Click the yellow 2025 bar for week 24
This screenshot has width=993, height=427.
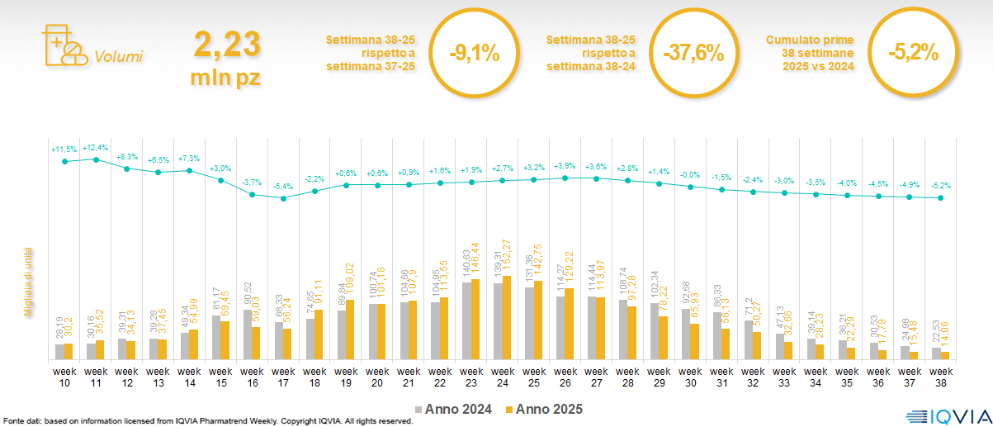click(x=507, y=318)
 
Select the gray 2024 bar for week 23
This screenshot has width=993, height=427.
click(x=466, y=321)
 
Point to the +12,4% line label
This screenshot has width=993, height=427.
click(x=96, y=147)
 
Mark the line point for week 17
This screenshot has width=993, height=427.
click(x=283, y=198)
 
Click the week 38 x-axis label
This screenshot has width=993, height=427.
click(x=939, y=376)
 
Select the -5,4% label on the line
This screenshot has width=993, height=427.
click(x=283, y=187)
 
